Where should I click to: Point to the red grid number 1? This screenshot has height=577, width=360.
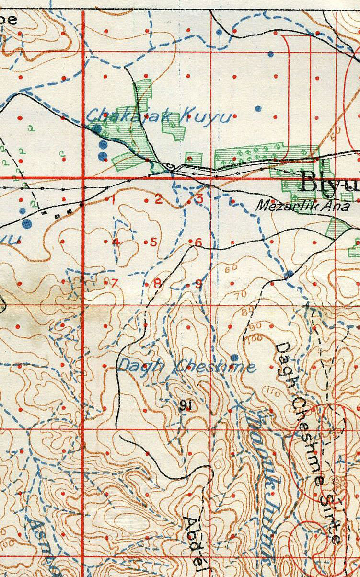click(113, 200)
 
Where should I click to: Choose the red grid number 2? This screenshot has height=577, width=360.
click(158, 200)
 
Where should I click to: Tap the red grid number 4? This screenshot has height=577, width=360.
click(116, 242)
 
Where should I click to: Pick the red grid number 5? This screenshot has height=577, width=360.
click(154, 242)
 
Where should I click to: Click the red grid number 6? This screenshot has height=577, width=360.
click(198, 242)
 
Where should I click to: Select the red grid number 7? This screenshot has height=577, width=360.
click(114, 282)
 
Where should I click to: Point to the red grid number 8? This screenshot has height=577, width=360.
click(157, 283)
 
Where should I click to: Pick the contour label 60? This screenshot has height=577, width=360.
click(231, 268)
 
